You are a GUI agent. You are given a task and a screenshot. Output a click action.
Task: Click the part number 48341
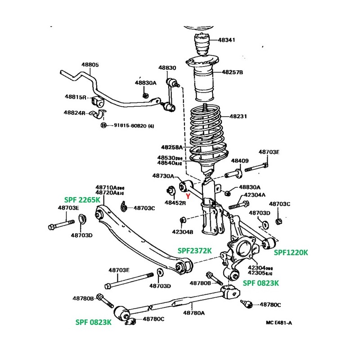click(227, 40)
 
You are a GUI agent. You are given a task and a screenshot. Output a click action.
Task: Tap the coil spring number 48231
click(238, 116)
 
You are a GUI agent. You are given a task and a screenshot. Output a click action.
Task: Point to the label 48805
click(90, 65)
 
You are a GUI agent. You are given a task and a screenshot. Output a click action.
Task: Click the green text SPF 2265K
click(81, 199)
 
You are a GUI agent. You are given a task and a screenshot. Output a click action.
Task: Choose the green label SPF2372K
click(194, 250)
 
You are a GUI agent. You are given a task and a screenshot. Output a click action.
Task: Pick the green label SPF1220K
click(291, 252)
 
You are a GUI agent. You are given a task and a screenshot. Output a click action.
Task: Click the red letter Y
click(188, 196)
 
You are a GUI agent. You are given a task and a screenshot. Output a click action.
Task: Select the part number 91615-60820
click(127, 126)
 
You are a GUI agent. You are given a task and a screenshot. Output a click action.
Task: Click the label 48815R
click(75, 97)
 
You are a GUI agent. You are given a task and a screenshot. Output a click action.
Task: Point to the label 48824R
click(74, 112)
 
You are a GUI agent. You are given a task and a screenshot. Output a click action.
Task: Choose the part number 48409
click(240, 161)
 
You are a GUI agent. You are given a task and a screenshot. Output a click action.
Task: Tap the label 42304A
click(255, 195)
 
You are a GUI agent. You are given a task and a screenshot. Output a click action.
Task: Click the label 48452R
click(175, 203)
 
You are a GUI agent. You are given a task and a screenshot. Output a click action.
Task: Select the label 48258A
click(172, 147)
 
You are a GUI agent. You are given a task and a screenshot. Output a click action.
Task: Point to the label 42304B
click(182, 232)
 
